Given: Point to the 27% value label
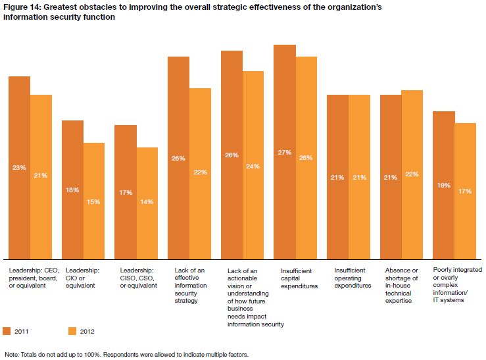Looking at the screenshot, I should click(285, 152).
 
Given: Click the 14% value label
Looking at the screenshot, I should click(147, 201).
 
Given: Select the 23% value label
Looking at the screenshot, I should click(19, 167).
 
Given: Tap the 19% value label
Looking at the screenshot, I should click(443, 185).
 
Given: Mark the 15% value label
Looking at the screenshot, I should click(93, 201).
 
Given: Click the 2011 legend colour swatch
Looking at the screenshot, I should click(7, 330).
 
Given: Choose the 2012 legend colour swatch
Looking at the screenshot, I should click(73, 330).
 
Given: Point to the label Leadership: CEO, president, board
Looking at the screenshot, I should click(32, 277).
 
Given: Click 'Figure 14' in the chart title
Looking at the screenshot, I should click(22, 7).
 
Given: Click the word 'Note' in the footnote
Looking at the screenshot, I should click(11, 354).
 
